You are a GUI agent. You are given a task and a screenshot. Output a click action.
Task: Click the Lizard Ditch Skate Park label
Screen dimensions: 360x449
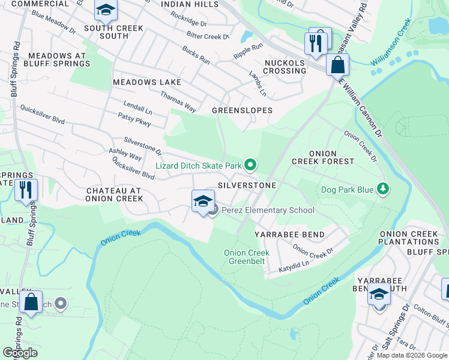[198, 165]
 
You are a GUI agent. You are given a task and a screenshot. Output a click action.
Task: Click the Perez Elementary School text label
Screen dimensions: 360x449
[268, 210]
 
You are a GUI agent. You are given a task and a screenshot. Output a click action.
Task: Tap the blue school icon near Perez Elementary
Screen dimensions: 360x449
[203, 201]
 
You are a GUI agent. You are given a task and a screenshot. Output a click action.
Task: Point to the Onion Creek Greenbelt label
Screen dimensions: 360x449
[246, 257]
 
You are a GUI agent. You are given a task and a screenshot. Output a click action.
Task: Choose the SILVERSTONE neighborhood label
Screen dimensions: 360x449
[247, 185]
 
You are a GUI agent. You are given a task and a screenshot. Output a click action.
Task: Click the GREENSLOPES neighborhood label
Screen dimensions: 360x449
[242, 110]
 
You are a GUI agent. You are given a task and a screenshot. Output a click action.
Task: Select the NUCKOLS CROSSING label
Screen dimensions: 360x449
[285, 67]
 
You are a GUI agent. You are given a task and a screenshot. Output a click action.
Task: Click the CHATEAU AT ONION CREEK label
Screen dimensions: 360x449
[114, 194]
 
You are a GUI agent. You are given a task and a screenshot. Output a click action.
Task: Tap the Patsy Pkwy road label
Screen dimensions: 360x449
[134, 119]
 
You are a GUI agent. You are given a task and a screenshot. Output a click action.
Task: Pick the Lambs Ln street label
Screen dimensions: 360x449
[258, 83]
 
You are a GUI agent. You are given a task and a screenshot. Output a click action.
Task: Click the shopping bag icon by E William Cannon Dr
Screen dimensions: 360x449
[337, 64]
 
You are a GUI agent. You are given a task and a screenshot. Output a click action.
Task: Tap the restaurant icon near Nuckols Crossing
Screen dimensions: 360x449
[314, 42]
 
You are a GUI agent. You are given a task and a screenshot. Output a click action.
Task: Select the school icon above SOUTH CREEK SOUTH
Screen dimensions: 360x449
[106, 10]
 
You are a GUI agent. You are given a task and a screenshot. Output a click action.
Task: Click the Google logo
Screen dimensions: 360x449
[20, 353]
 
